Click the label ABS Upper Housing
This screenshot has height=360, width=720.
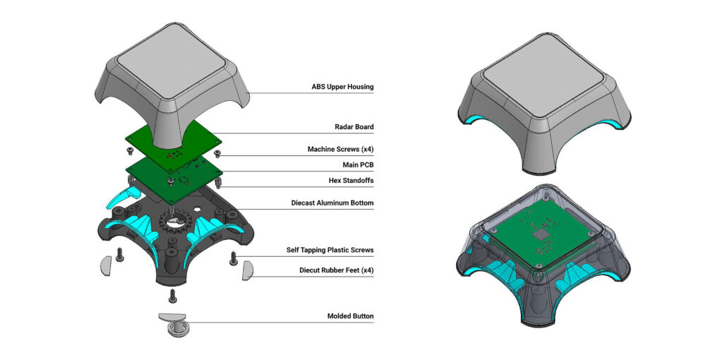(x=342, y=88)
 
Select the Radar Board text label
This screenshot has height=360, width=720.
(x=354, y=128)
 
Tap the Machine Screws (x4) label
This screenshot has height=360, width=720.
(x=340, y=150)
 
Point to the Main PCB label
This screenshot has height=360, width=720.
(x=357, y=165)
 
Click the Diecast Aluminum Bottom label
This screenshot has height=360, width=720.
(x=332, y=203)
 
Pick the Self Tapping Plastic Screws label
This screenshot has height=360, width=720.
(x=330, y=251)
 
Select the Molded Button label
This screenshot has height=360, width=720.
(x=350, y=316)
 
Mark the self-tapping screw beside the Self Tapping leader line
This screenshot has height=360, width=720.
(x=234, y=258)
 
